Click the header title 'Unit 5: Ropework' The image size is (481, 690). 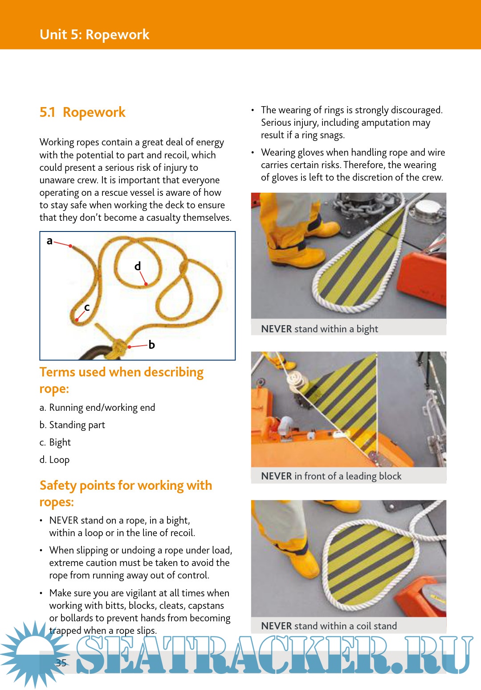tap(94, 34)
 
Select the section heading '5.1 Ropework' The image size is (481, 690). tap(82, 112)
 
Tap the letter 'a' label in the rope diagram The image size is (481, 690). tap(49, 241)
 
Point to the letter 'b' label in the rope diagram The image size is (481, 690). tap(151, 344)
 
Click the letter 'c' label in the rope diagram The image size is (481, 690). tap(87, 307)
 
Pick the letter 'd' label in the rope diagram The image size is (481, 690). tap(138, 266)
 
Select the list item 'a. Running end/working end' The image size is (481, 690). tap(97, 407)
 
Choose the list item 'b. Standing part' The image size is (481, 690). tap(72, 425)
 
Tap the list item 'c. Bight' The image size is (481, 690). tap(55, 442)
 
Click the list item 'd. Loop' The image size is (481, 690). tap(54, 459)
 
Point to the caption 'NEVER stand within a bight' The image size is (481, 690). tap(319, 329)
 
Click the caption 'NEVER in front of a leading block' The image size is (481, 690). tap(331, 476)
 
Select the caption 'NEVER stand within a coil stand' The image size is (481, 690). tap(329, 626)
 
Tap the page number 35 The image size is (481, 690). tap(61, 663)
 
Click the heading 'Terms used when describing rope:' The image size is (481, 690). tap(121, 380)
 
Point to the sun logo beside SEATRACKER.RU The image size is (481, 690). tap(33, 653)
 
